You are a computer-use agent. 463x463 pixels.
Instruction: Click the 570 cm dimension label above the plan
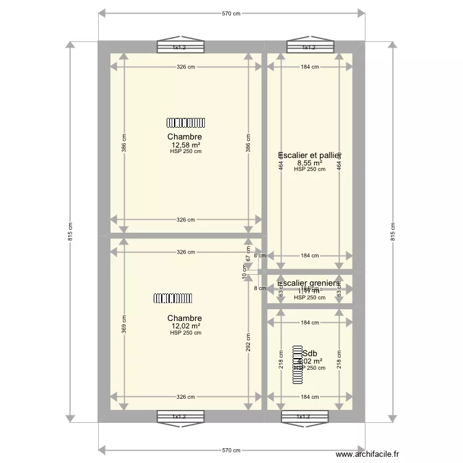[231, 13]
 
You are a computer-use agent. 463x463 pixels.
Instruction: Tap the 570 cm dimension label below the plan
[231, 451]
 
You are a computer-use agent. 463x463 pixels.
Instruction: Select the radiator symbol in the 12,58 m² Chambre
[185, 122]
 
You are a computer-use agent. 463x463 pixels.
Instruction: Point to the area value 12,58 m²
[185, 145]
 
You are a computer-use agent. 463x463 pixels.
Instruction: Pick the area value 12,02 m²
[185, 326]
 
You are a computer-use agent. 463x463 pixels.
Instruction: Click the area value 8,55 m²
[309, 164]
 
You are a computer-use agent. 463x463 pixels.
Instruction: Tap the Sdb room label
[309, 353]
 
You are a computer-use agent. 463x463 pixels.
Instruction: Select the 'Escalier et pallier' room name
[311, 156]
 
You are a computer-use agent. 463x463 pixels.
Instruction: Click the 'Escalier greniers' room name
[309, 283]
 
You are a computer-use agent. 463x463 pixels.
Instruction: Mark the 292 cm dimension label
[248, 342]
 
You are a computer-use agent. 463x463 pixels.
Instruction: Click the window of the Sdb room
[304, 417]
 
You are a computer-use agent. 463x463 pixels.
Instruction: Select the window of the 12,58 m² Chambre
[179, 47]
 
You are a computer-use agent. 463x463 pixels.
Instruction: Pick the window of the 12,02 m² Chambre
[179, 417]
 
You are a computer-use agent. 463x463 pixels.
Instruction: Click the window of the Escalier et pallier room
[309, 47]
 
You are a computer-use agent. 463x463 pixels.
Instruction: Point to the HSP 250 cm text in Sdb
[309, 368]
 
